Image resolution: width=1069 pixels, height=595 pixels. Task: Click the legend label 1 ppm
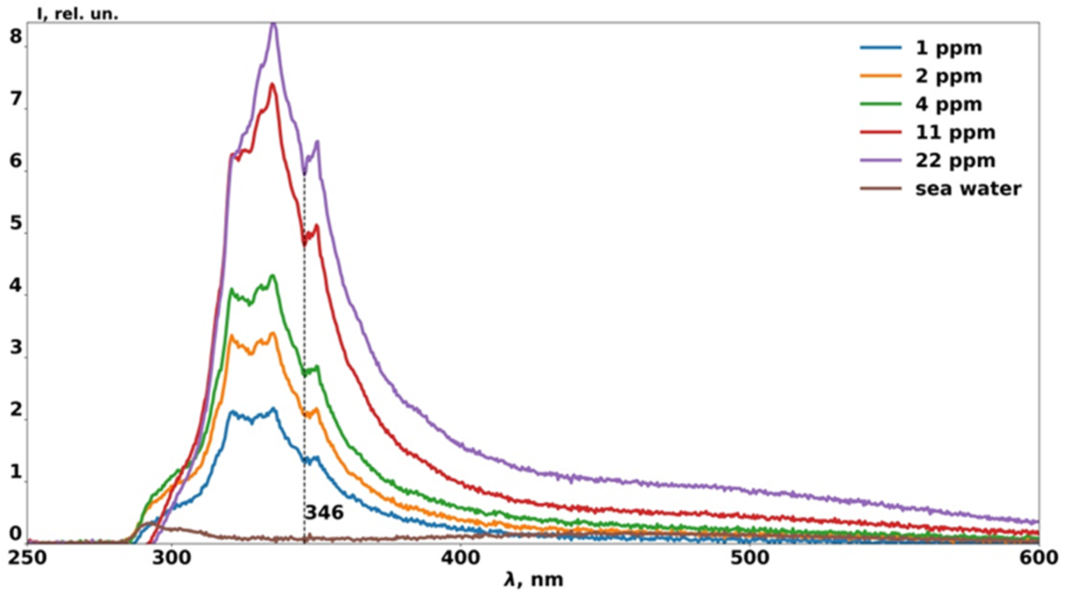pyautogui.click(x=949, y=48)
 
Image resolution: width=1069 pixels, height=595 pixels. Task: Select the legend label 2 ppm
pyautogui.click(x=949, y=76)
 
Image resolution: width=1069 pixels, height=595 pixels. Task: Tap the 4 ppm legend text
pyautogui.click(x=949, y=104)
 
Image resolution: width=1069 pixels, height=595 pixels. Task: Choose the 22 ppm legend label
pyautogui.click(x=955, y=161)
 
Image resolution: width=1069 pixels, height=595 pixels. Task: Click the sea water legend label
pyautogui.click(x=968, y=189)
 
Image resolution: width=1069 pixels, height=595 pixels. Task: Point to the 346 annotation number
pyautogui.click(x=324, y=513)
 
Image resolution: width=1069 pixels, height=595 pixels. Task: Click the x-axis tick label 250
pyautogui.click(x=28, y=558)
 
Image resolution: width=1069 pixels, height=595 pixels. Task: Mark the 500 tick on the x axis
pyautogui.click(x=750, y=558)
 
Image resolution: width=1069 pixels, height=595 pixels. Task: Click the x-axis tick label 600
pyautogui.click(x=1038, y=558)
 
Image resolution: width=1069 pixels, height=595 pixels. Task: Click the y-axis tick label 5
pyautogui.click(x=16, y=223)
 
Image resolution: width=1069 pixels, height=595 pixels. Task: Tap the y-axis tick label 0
pyautogui.click(x=16, y=534)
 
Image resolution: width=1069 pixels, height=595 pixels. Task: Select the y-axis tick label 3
pyautogui.click(x=16, y=348)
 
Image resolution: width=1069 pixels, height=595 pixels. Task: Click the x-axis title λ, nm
pyautogui.click(x=534, y=580)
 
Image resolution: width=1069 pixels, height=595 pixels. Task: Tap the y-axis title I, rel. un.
pyautogui.click(x=78, y=15)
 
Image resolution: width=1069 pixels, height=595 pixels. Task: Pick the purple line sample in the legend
pyautogui.click(x=881, y=161)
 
